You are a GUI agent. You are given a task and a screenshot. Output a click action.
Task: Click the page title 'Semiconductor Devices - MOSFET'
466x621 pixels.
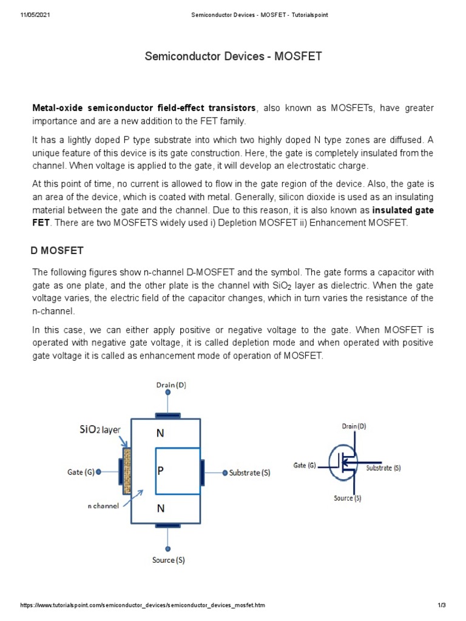pyautogui.click(x=233, y=57)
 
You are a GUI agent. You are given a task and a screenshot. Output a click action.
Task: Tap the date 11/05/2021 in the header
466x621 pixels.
pyautogui.click(x=36, y=15)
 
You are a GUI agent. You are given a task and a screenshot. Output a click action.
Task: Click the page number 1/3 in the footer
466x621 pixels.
pyautogui.click(x=442, y=606)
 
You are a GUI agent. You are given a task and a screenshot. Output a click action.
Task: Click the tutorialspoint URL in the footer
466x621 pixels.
pyautogui.click(x=143, y=606)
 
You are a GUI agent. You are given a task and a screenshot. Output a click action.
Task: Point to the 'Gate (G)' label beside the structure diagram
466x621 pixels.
pyautogui.click(x=81, y=471)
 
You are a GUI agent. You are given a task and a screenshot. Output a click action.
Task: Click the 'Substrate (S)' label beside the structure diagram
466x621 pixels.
pyautogui.click(x=250, y=473)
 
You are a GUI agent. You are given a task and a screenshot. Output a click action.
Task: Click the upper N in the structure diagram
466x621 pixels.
pyautogui.click(x=160, y=434)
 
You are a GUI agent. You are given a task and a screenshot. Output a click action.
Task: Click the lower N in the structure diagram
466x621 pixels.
pyautogui.click(x=160, y=509)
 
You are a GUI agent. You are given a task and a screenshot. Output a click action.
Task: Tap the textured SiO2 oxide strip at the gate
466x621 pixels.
pyautogui.click(x=127, y=471)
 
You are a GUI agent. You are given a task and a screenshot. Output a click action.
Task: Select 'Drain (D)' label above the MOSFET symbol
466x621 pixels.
pyautogui.click(x=354, y=426)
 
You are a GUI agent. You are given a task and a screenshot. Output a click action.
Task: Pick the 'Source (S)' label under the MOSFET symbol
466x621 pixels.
pyautogui.click(x=348, y=498)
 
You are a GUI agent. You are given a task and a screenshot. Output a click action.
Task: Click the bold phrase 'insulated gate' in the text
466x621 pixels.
pyautogui.click(x=403, y=210)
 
